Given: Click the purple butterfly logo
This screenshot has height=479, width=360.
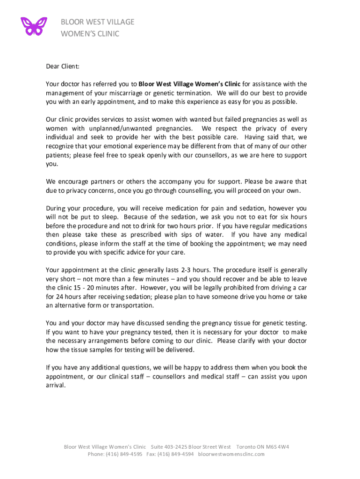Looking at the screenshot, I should coord(34,26).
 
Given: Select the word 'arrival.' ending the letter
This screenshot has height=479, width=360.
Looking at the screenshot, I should coord(56,385).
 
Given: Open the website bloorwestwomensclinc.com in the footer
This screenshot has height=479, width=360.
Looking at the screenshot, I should coord(231,454).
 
